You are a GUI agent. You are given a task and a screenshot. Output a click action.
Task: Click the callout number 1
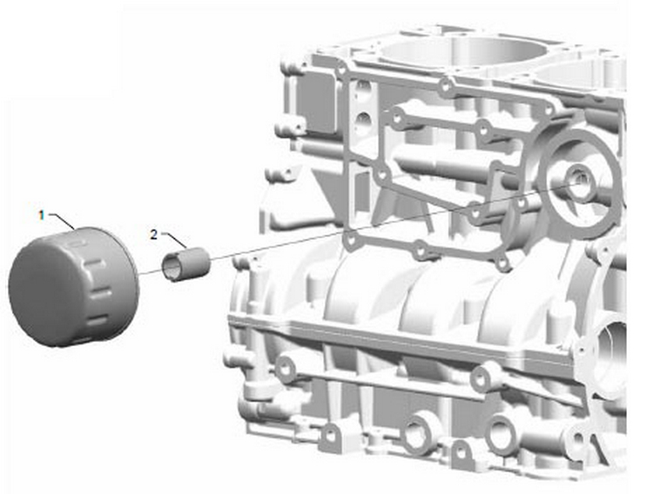tap(41, 216)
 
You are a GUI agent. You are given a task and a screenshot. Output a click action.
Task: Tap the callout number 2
tap(154, 235)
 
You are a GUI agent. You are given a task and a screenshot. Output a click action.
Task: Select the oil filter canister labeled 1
tap(73, 287)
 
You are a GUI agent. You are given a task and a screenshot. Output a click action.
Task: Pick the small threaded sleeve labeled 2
tap(185, 264)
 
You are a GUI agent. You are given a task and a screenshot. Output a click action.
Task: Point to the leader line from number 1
tap(63, 221)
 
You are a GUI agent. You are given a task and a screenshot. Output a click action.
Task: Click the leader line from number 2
tap(175, 239)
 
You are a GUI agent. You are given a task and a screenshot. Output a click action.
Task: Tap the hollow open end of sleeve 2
tap(172, 268)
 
